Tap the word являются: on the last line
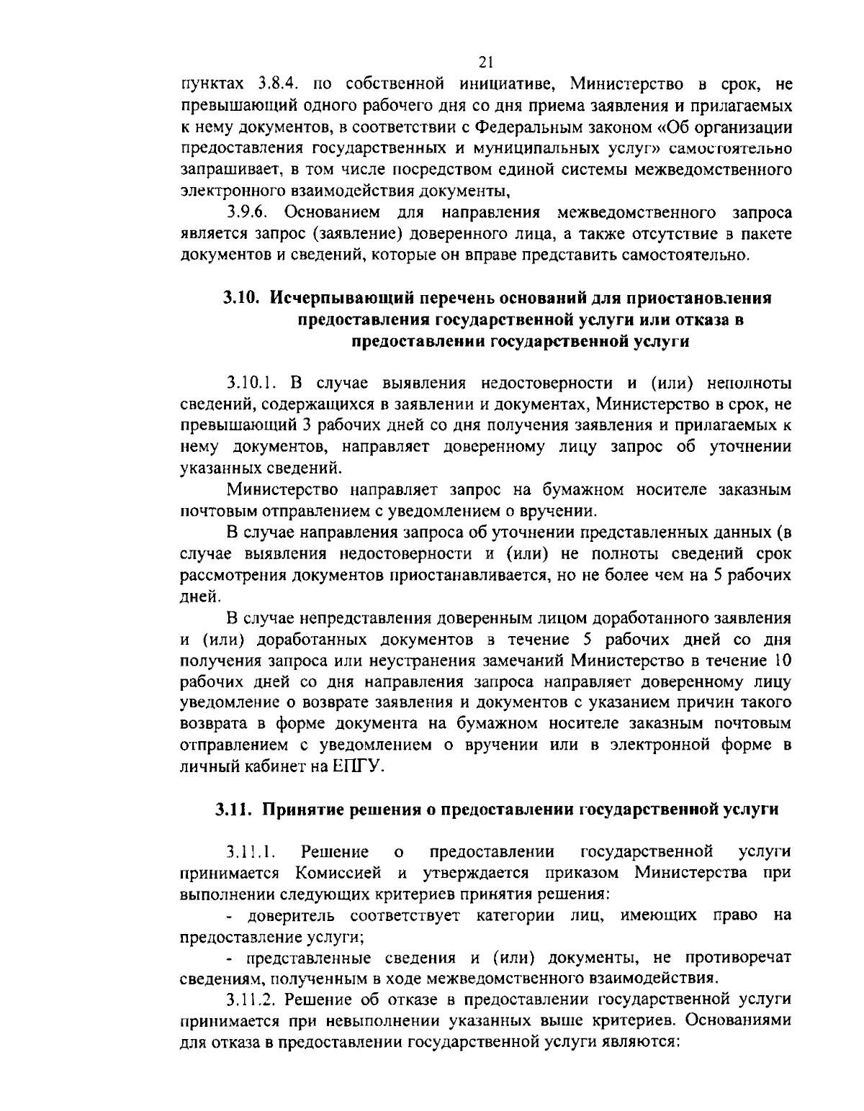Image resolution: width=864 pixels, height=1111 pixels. (x=645, y=1043)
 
